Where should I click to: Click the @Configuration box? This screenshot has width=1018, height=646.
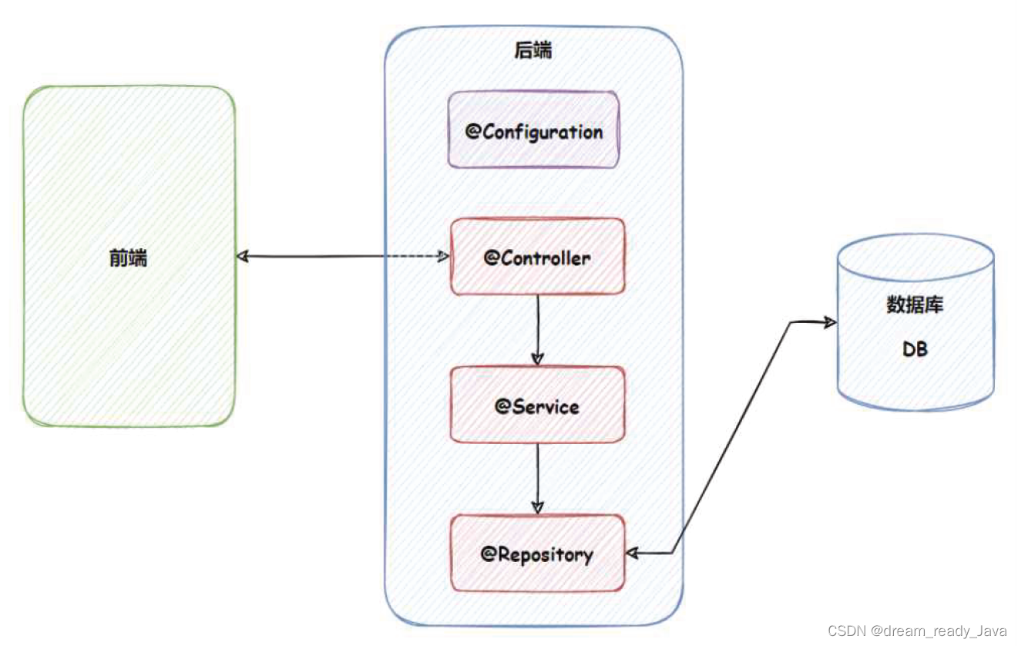point(534,130)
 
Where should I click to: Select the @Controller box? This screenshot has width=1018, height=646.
point(537,257)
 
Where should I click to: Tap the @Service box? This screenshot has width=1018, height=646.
point(537,405)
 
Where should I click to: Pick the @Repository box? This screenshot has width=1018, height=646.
point(537,553)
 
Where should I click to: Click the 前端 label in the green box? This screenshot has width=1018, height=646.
point(128,258)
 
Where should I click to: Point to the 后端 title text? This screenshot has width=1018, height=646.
point(533,51)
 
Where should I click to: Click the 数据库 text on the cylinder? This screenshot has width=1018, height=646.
point(915,304)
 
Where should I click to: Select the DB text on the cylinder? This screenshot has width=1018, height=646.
point(915,349)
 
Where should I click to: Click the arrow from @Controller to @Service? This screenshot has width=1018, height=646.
point(538,328)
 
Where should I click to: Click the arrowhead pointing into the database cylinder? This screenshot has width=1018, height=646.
point(829,322)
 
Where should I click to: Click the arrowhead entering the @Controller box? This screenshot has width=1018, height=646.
point(443,256)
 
